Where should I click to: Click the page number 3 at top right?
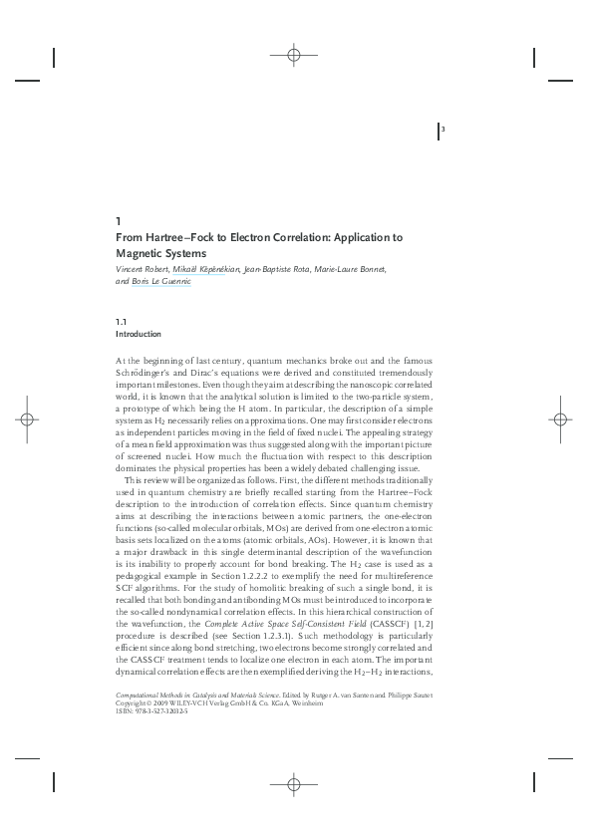point(443,131)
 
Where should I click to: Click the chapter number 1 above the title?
point(119,220)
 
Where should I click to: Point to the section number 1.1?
point(121,322)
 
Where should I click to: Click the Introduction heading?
point(139,334)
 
